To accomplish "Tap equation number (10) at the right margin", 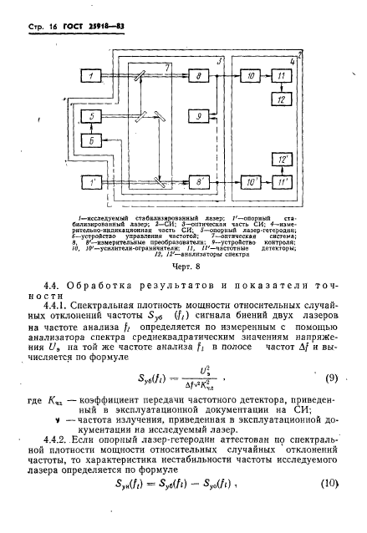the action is pyautogui.click(x=331, y=508).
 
